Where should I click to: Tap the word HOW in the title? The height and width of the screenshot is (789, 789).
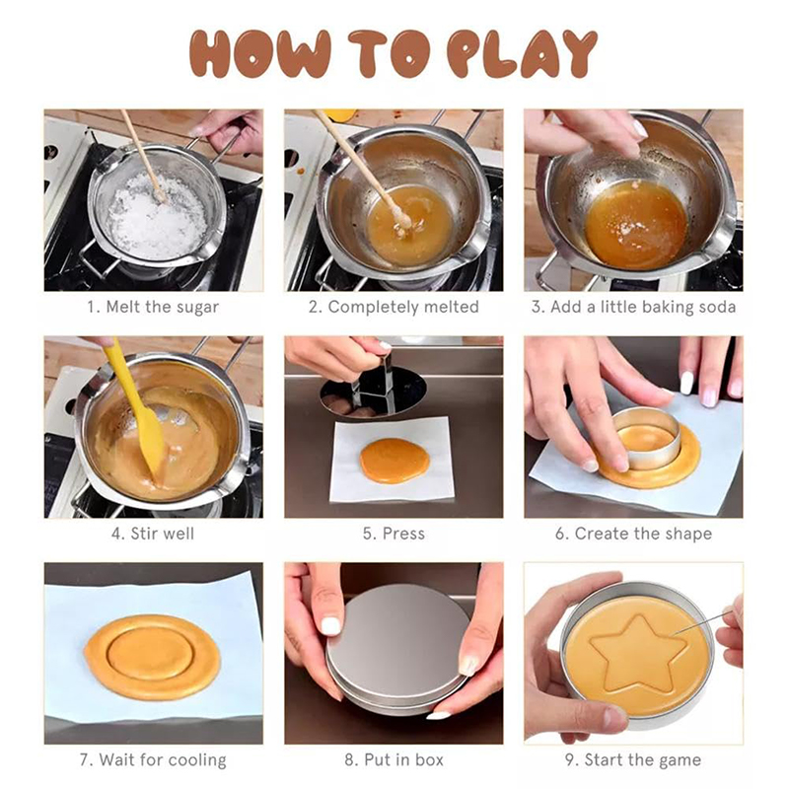[260, 54]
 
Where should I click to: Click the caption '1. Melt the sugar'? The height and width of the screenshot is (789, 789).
[153, 307]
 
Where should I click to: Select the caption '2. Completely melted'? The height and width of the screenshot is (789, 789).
[394, 307]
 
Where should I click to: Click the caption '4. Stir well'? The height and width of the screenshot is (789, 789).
[153, 534]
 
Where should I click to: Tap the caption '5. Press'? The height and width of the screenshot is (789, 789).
[394, 534]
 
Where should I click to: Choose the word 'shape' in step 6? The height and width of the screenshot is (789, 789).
[687, 534]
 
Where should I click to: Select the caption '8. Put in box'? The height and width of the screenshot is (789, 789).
[394, 759]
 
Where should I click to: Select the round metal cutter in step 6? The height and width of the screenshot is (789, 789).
[647, 437]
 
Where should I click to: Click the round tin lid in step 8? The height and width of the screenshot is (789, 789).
[398, 648]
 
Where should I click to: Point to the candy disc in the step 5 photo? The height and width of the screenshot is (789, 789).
[394, 461]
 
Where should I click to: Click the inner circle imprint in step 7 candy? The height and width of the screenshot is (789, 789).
[150, 653]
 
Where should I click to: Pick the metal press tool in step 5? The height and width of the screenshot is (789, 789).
[374, 388]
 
